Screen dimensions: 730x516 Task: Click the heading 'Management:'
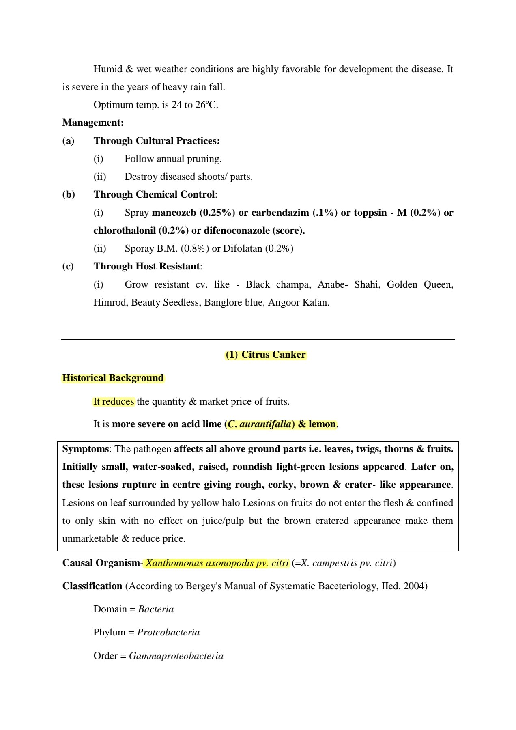coord(93,123)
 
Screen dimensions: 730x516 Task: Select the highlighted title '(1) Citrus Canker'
coord(266,355)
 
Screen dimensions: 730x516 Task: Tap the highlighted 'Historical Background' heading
coord(113,378)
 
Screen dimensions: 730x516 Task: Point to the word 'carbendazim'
coord(280,213)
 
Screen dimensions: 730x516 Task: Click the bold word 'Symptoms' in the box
coord(85,449)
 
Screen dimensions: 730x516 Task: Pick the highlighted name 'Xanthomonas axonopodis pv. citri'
coord(217,563)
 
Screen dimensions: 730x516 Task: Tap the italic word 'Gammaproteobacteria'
coord(176,656)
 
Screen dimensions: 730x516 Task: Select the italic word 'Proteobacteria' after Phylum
coord(168,632)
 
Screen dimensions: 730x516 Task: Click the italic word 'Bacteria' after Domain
coord(156,609)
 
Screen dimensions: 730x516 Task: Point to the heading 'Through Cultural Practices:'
coord(157,141)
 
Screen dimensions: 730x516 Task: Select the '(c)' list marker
coord(68,266)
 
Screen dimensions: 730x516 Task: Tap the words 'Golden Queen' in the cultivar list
coord(420,284)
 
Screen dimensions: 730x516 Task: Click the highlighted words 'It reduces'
coord(114,401)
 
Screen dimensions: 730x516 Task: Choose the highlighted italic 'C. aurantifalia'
coord(260,424)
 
